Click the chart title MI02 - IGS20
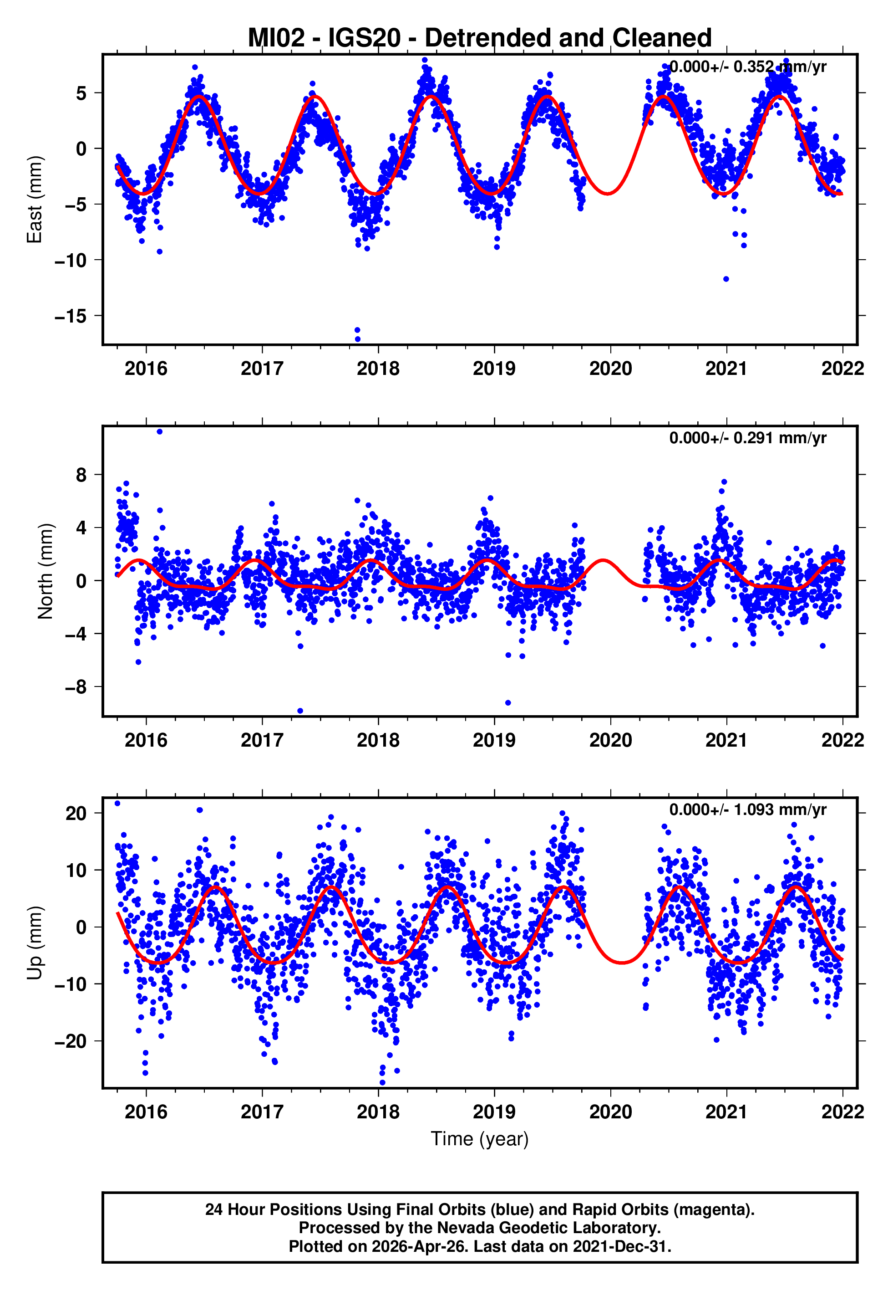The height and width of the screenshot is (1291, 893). coord(480,38)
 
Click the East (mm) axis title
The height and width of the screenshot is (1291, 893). coord(35,200)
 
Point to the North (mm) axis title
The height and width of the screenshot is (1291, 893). coord(45,571)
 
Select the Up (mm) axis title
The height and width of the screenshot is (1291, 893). coord(35,943)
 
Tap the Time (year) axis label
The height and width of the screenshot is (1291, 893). coord(480,1139)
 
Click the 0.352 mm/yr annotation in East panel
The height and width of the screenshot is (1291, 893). coord(747,67)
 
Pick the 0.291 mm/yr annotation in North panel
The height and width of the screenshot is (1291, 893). coord(747,438)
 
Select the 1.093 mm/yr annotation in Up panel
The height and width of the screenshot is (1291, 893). coord(747,809)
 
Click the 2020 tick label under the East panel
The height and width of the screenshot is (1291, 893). coord(610,369)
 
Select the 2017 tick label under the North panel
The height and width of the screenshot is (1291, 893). coord(262,740)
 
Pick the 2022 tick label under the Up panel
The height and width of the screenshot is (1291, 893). coord(842,1112)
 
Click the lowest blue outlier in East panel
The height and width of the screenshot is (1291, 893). coord(358,339)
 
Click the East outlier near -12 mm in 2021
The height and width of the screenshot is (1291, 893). coord(726,279)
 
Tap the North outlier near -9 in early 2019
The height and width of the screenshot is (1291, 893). coord(508,702)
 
